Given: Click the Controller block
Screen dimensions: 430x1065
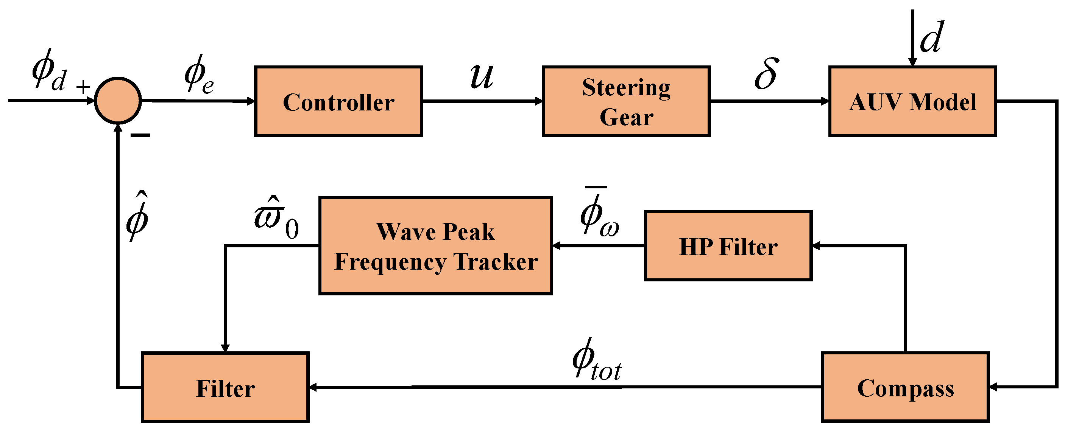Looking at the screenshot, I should [x=338, y=101].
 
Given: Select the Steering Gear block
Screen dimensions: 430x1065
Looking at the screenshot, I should [x=626, y=101].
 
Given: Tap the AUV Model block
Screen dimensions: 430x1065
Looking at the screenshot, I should [x=912, y=101].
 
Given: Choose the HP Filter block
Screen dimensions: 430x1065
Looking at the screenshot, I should [x=728, y=246].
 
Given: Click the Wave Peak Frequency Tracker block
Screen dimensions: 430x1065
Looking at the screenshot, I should [x=436, y=246].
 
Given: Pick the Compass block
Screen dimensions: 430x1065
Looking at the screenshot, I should [x=905, y=388].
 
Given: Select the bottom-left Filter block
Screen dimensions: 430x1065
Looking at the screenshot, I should [x=225, y=388].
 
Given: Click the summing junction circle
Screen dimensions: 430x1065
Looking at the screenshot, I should [x=118, y=100].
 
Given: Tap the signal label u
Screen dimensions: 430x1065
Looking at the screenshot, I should [x=482, y=76].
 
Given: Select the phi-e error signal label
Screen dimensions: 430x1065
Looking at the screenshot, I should [x=199, y=75].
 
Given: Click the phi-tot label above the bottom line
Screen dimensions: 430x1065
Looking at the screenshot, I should [x=597, y=360].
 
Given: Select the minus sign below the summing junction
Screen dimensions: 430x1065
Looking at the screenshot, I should [x=140, y=135].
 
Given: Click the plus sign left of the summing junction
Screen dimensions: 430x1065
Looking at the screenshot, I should [x=83, y=87].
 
